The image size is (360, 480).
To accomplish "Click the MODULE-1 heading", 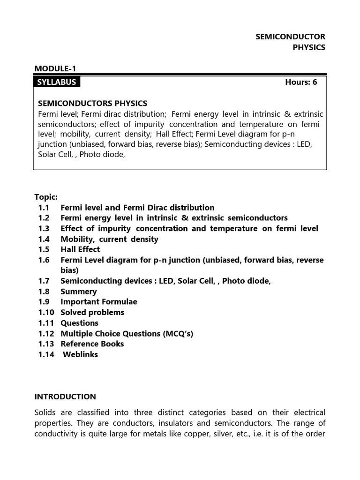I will tap(55, 69).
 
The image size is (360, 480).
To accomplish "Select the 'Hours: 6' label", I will tap(301, 82).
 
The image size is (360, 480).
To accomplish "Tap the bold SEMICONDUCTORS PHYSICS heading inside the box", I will tap(92, 103).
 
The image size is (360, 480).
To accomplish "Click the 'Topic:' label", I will tap(46, 197).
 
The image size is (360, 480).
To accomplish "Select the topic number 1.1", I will tap(44, 207).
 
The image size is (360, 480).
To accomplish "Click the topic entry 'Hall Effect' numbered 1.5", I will tap(80, 249).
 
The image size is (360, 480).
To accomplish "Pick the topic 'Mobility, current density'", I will tap(109, 239).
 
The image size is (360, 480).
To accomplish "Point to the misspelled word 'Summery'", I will tap(78, 292).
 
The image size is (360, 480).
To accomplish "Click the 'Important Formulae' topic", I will tap(98, 302).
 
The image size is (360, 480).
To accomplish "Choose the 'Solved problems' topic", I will tap(92, 312).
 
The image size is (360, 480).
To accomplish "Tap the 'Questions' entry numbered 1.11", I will tap(79, 323).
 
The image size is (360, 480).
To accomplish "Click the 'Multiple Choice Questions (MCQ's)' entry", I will tap(127, 333).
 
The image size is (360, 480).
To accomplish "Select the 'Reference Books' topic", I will tap(92, 344).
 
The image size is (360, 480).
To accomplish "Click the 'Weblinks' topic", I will tap(80, 354).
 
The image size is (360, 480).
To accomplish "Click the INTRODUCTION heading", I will tap(65, 397).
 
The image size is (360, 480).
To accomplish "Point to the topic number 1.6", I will tap(44, 260).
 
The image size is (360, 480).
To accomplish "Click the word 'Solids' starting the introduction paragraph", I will tap(45, 412).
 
